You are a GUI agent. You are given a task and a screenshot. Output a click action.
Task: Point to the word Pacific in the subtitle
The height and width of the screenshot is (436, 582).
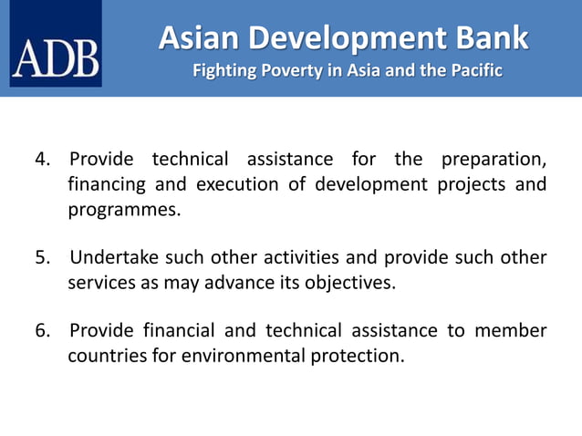473,70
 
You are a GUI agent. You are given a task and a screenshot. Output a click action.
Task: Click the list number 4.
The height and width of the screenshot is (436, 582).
42,160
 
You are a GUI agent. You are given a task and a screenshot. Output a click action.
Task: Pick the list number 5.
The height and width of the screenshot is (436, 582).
42,257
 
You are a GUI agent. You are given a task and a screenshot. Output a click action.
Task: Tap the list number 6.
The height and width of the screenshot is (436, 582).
42,330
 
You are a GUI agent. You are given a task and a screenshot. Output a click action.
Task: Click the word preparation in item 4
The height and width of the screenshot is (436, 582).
494,160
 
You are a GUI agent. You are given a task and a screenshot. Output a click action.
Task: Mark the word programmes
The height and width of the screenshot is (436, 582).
123,210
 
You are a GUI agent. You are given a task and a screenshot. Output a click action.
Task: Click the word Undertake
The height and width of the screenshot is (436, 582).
113,257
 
